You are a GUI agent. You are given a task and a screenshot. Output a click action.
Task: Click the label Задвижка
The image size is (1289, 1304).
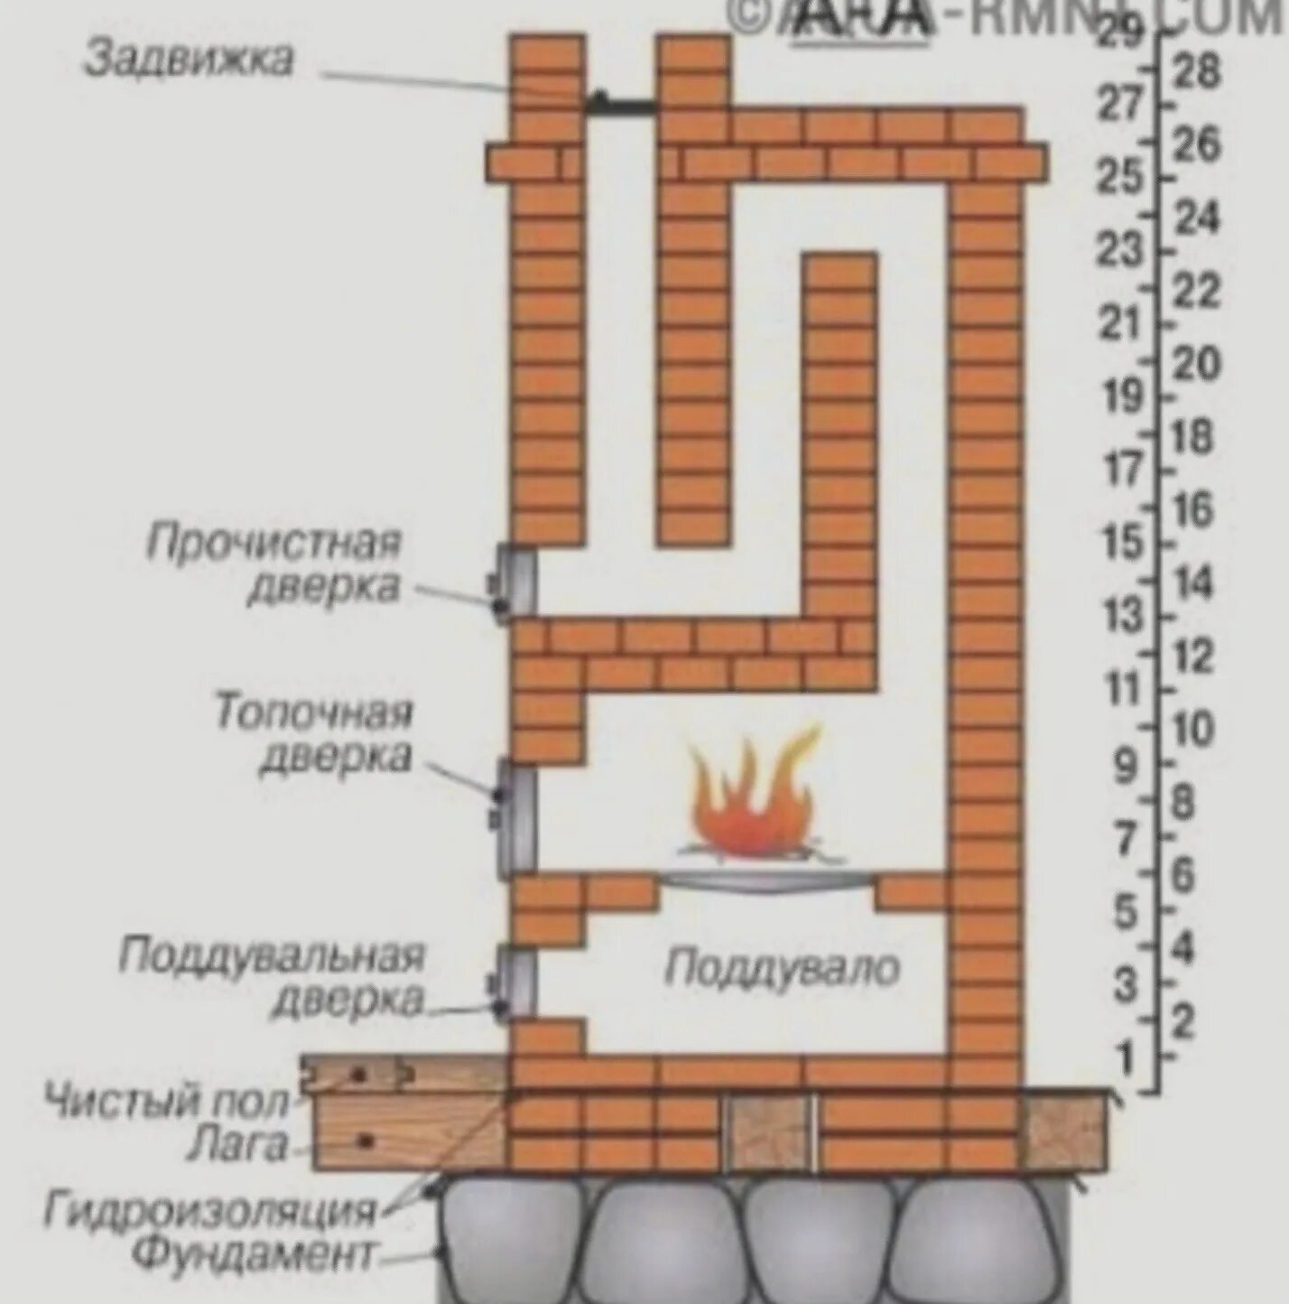pyautogui.click(x=189, y=60)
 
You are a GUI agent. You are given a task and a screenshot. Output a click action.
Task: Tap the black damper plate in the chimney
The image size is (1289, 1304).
pyautogui.click(x=623, y=105)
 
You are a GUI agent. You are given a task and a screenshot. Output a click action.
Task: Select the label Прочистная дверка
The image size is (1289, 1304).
pyautogui.click(x=274, y=564)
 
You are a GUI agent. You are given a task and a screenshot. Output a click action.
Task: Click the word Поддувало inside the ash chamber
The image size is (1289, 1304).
pyautogui.click(x=782, y=968)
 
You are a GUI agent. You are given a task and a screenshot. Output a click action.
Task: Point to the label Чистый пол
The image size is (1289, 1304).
pyautogui.click(x=168, y=1102)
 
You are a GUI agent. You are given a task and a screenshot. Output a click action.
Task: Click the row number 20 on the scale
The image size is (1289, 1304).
pyautogui.click(x=1196, y=364)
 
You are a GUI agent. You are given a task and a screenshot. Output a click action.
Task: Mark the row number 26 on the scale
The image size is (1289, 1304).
pyautogui.click(x=1197, y=144)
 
